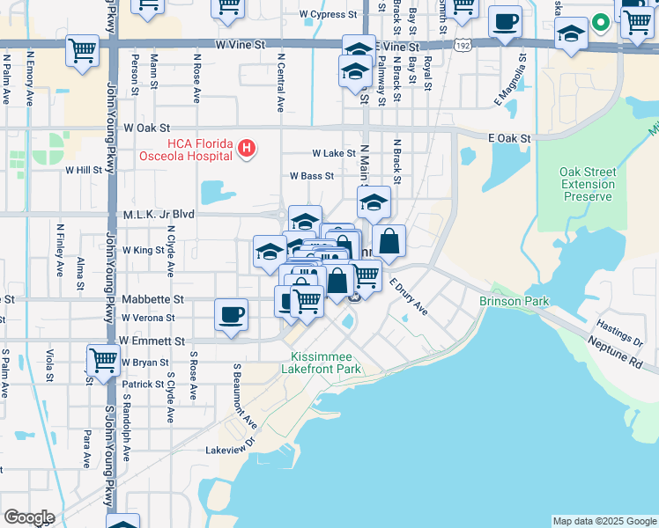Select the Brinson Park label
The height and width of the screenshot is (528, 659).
coord(514,301)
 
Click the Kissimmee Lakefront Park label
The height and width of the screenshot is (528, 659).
coord(327,363)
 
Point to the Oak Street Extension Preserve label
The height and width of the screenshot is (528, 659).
coord(587,184)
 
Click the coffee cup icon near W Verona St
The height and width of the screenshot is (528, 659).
coord(231,314)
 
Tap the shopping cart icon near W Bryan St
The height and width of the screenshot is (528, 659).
coord(103,359)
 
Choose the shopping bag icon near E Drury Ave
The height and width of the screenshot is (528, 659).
coord(389,241)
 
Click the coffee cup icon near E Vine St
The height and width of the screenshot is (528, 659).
coord(505,21)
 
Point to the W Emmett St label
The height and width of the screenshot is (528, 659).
coord(152,341)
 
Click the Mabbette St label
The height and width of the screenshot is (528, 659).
coord(153,299)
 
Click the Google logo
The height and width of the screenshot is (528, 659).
coord(29,517)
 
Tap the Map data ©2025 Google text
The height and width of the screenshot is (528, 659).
coord(604,521)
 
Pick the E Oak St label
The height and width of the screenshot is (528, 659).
coord(510,138)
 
